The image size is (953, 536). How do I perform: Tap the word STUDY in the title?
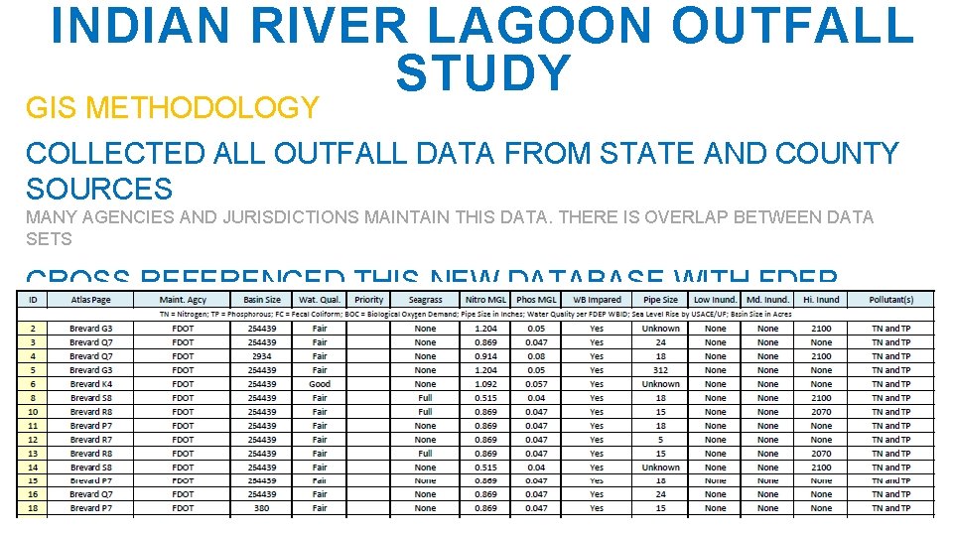[x=483, y=73]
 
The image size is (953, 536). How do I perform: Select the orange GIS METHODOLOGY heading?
[x=173, y=107]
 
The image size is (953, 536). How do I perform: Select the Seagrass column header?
[x=425, y=299]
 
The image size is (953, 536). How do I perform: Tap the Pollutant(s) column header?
[x=891, y=299]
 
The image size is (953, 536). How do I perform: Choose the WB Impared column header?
[x=597, y=299]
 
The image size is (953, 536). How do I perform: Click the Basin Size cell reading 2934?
[x=262, y=356]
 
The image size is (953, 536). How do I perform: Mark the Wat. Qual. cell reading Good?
[x=320, y=384]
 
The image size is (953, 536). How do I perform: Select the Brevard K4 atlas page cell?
[x=91, y=384]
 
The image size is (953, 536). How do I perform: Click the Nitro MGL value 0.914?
[x=485, y=356]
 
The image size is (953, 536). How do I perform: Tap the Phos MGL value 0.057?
[x=536, y=384]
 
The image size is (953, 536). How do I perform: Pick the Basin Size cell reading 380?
[x=262, y=508]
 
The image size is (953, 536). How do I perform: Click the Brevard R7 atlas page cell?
[x=91, y=440]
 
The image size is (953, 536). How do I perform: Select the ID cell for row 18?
[x=33, y=508]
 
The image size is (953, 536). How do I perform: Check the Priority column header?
[x=368, y=299]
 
